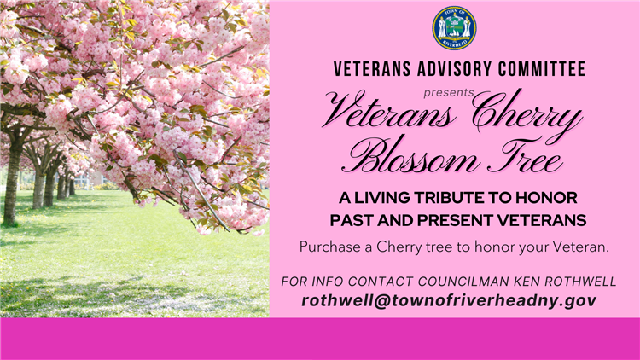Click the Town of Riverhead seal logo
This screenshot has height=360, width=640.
tap(454, 27)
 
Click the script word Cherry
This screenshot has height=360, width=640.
tap(527, 114)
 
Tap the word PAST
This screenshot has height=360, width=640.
tap(351, 221)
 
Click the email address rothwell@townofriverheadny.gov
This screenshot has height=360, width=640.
tap(448, 300)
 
